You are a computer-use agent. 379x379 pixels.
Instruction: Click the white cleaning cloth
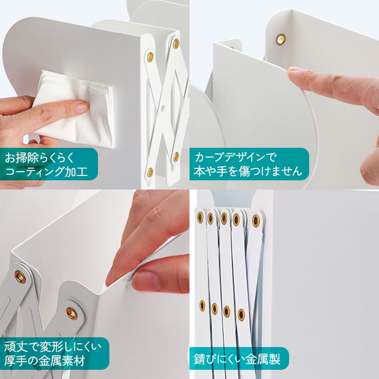tap(75, 109)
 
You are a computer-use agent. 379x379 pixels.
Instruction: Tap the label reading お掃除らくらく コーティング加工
tap(48, 164)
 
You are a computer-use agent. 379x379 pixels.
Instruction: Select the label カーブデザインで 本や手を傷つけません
tap(249, 164)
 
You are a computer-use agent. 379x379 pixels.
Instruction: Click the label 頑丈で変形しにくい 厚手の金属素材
tap(54, 354)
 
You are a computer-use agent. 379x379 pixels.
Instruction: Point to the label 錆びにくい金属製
tap(239, 358)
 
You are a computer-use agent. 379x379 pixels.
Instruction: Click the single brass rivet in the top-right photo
tap(280, 39)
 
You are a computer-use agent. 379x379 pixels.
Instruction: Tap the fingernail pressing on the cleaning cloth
tap(82, 107)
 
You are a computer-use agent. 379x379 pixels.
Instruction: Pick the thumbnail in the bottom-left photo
tap(145, 280)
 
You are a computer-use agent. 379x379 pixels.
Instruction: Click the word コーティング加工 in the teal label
tap(46, 172)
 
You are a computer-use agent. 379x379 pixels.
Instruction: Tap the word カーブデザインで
tap(235, 157)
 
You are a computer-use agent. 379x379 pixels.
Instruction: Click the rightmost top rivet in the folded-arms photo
tap(256, 220)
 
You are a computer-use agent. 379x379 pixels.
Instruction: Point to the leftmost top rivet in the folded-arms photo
tap(200, 217)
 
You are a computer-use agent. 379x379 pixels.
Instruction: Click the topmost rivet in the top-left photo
tap(176, 43)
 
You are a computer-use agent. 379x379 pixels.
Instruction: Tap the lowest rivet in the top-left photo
tap(151, 172)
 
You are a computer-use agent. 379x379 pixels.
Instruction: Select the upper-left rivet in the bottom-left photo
tap(20, 277)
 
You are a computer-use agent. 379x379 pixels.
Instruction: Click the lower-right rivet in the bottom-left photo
tap(72, 313)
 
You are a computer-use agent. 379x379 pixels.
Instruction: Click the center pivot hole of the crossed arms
tap(162, 107)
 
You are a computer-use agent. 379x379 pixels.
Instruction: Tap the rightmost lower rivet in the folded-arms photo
tap(241, 315)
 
